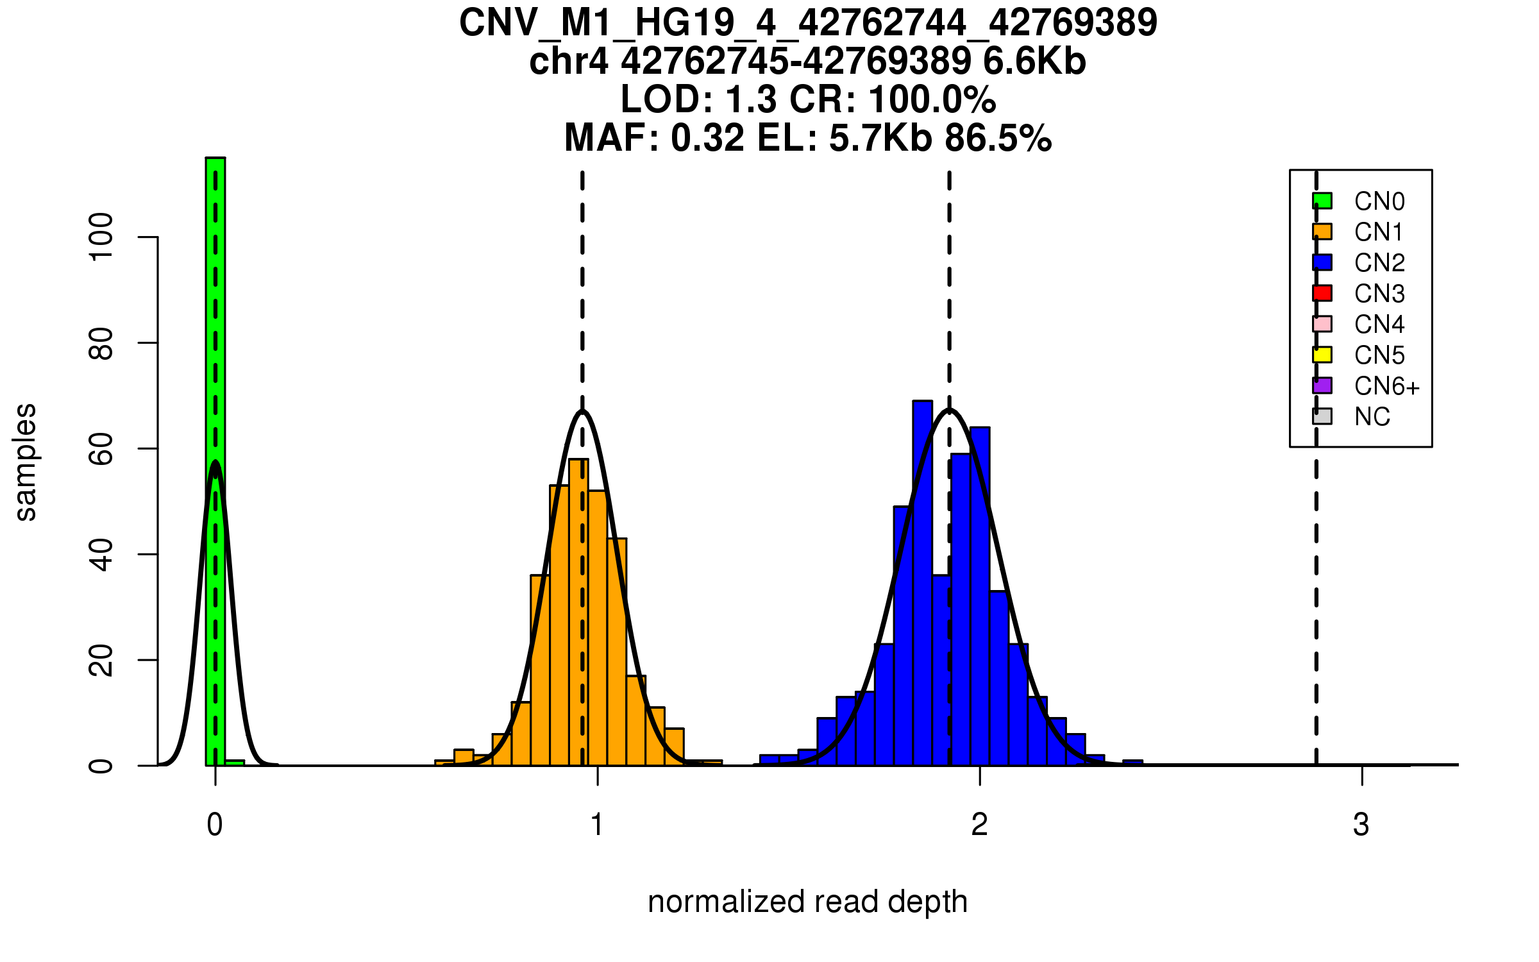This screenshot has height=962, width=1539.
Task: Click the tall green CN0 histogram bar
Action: point(215,449)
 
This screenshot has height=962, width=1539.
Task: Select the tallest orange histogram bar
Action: point(578,609)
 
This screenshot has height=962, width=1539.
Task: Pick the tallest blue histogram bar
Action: point(922,577)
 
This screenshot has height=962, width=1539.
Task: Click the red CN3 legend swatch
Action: point(1322,293)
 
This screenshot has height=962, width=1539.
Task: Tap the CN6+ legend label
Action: point(1386,386)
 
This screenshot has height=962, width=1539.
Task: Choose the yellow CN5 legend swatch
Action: point(1322,355)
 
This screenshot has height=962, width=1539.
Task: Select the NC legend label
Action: point(1372,417)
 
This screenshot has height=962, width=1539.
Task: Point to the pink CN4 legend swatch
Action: point(1322,324)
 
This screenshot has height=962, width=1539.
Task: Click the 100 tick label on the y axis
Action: point(101,237)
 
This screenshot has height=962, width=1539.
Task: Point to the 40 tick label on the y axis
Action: point(101,555)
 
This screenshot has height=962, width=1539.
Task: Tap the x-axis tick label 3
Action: point(1361,825)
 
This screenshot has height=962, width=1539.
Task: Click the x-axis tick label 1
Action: point(597,825)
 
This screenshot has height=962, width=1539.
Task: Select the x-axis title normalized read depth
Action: point(807,902)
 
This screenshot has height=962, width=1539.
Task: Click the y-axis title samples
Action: point(26,462)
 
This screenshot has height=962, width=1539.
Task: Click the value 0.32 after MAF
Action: point(708,138)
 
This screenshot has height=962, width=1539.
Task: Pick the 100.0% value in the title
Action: point(932,99)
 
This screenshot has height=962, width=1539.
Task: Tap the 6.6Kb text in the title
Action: point(1034,62)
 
